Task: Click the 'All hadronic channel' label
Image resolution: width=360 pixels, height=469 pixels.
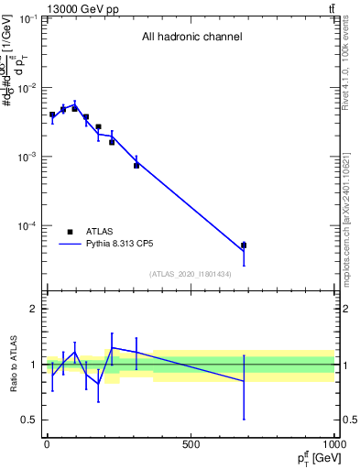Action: [x=191, y=38]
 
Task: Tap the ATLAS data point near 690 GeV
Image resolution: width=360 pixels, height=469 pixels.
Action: [x=244, y=245]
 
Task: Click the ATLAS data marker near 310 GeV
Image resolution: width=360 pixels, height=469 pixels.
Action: [x=136, y=165]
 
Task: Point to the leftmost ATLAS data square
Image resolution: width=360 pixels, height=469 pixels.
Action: [x=52, y=115]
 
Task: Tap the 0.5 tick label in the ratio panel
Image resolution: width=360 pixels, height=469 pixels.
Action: [x=29, y=420]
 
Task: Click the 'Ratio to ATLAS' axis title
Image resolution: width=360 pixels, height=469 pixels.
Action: [x=14, y=365]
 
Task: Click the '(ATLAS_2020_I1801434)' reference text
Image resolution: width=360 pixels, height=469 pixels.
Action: [x=191, y=274]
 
